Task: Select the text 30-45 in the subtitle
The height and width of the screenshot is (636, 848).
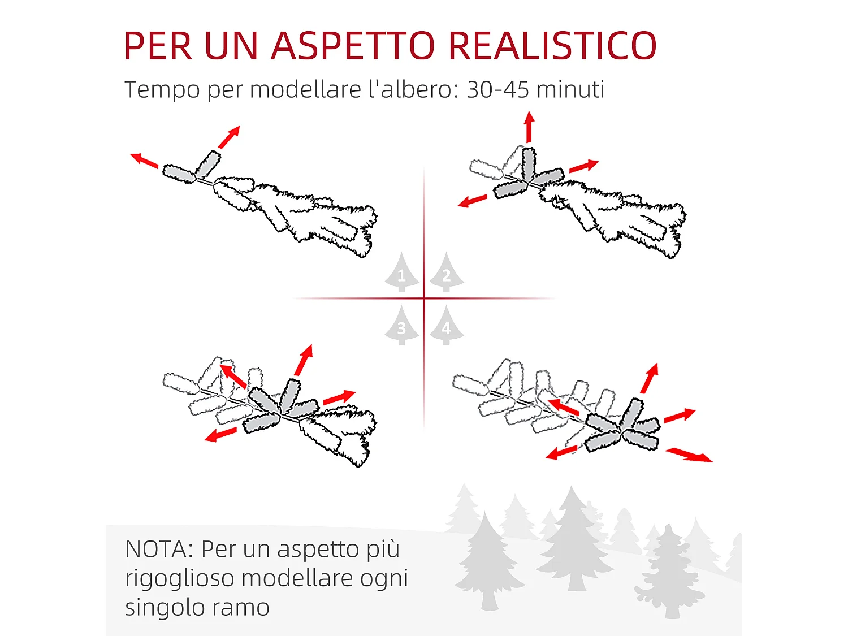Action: [x=497, y=89]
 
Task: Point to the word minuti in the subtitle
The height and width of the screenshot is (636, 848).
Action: [x=570, y=89]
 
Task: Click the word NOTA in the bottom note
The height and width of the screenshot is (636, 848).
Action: [x=159, y=549]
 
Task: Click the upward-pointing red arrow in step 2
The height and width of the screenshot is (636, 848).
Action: [x=529, y=127]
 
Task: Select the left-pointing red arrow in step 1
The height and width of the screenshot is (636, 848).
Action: [x=144, y=160]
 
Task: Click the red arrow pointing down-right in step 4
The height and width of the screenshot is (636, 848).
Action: [x=689, y=455]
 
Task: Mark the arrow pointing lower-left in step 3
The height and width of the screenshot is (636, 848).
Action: [x=221, y=434]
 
